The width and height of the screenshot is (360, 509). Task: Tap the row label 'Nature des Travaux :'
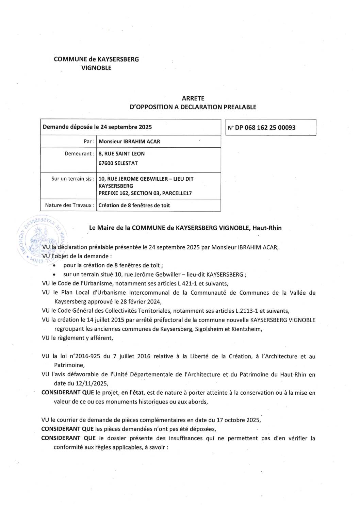[x=69, y=205]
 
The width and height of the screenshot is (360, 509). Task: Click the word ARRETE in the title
[x=193, y=98]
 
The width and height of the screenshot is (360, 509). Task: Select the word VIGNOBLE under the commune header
[x=96, y=68]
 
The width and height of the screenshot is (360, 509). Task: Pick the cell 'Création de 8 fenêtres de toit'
[x=134, y=205]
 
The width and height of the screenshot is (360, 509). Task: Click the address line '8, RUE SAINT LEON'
[x=121, y=153]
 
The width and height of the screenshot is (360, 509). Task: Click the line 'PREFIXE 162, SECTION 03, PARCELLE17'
[x=145, y=193]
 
